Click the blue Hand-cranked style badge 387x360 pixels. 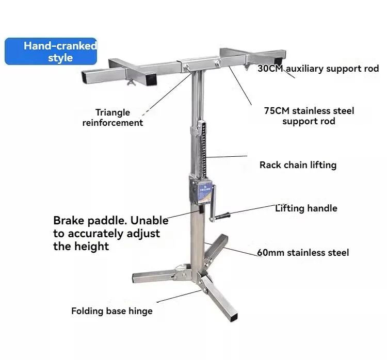[x=51, y=52]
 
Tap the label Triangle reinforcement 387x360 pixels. [x=112, y=118]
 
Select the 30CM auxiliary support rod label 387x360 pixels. [x=318, y=69]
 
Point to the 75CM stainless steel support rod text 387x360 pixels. [x=309, y=116]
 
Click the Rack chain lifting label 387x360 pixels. [x=298, y=165]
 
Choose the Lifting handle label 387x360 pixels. [x=306, y=208]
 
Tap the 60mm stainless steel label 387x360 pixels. [x=303, y=252]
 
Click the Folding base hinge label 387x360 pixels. [x=112, y=311]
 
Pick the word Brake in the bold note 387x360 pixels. [x=69, y=220]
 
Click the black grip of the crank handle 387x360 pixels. [x=222, y=216]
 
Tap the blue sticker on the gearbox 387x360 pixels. [x=205, y=192]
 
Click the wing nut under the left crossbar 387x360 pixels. [x=131, y=82]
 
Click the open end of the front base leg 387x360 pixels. [x=234, y=317]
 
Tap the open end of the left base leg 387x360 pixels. [x=135, y=278]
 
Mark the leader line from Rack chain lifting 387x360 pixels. [x=227, y=156]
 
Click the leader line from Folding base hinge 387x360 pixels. [x=180, y=296]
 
